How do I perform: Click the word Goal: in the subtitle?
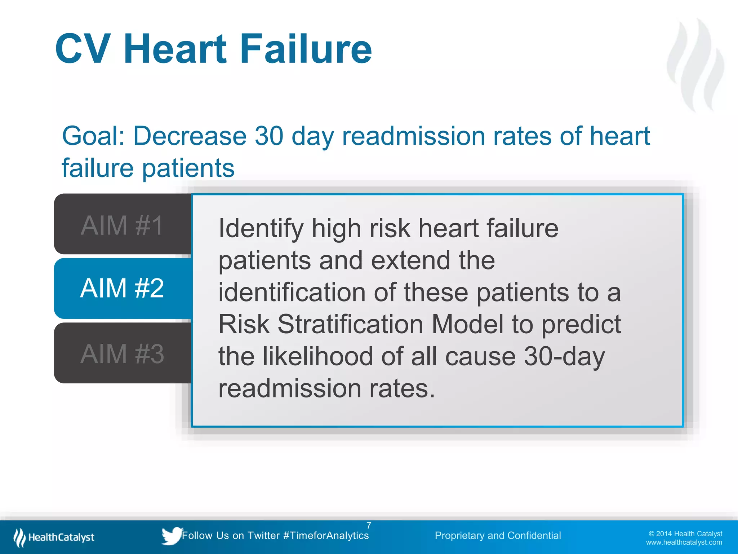point(93,136)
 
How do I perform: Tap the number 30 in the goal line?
point(269,136)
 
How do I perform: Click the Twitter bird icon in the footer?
point(172,535)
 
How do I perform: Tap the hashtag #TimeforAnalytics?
point(326,536)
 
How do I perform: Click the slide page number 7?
point(369,525)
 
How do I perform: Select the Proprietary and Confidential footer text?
point(498,536)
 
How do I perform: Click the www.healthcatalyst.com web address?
point(684,542)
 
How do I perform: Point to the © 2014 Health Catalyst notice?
point(685,534)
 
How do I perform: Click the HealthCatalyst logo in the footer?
point(54,537)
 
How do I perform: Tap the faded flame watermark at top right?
point(695,65)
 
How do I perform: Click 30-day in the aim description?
point(564,356)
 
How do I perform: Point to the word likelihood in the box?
point(317,356)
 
